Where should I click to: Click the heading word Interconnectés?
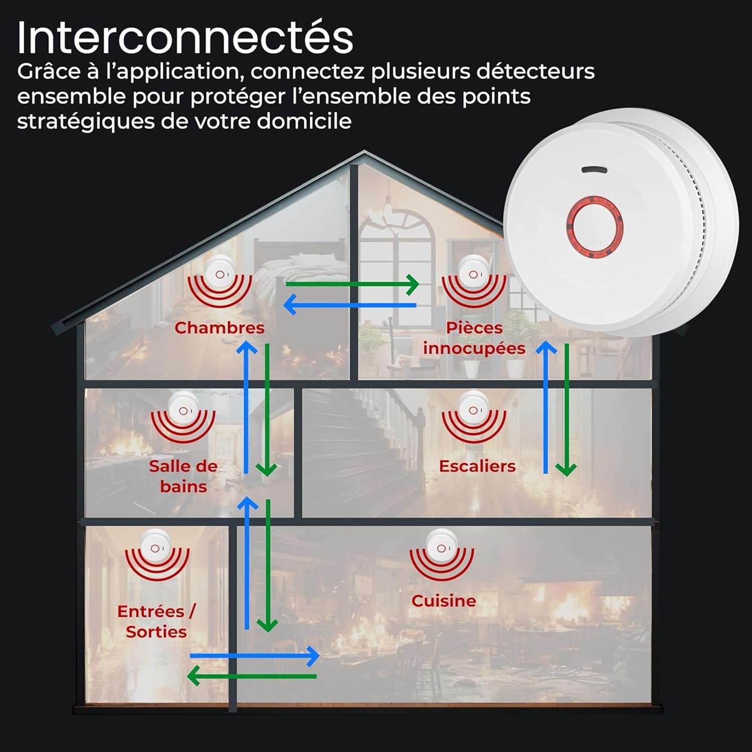pyautogui.click(x=185, y=38)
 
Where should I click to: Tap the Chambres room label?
pyautogui.click(x=219, y=328)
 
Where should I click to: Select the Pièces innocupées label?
pyautogui.click(x=474, y=338)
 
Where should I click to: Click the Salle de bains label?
pyautogui.click(x=183, y=476)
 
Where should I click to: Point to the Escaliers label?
pyautogui.click(x=477, y=466)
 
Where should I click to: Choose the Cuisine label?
pyautogui.click(x=443, y=601)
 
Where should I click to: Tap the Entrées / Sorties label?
pyautogui.click(x=156, y=622)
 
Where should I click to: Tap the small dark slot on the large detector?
pyautogui.click(x=594, y=170)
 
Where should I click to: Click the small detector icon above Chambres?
pyautogui.click(x=220, y=274)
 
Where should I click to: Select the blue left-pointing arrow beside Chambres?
pyautogui.click(x=349, y=305)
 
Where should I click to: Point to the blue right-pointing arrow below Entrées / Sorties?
pyautogui.click(x=254, y=656)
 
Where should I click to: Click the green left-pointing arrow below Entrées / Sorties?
pyautogui.click(x=252, y=676)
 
